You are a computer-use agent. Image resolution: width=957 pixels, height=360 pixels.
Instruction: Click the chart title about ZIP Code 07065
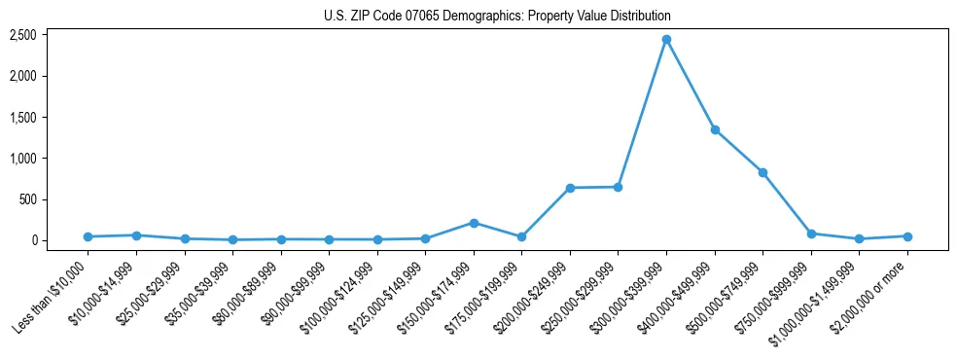pyautogui.click(x=497, y=17)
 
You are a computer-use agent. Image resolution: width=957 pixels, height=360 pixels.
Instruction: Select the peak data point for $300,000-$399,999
pyautogui.click(x=666, y=39)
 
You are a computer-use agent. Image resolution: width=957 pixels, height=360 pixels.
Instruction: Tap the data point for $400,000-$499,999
pyautogui.click(x=715, y=129)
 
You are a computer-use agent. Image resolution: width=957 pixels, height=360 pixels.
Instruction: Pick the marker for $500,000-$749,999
pyautogui.click(x=762, y=172)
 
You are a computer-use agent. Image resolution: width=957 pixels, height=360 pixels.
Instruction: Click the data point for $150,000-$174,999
pyautogui.click(x=474, y=223)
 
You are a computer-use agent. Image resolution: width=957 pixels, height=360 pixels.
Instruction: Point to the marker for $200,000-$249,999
pyautogui.click(x=570, y=188)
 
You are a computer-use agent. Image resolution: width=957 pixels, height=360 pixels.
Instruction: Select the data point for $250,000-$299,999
pyautogui.click(x=618, y=187)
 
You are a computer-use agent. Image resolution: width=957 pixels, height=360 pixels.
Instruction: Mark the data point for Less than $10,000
pyautogui.click(x=88, y=236)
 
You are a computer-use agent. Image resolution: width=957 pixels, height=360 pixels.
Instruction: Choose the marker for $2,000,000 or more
pyautogui.click(x=907, y=236)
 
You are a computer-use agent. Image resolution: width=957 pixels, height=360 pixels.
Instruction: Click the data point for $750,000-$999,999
pyautogui.click(x=811, y=234)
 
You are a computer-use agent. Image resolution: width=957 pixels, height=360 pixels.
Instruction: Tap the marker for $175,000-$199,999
pyautogui.click(x=521, y=236)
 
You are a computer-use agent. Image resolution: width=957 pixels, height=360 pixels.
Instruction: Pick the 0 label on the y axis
pyautogui.click(x=33, y=240)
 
